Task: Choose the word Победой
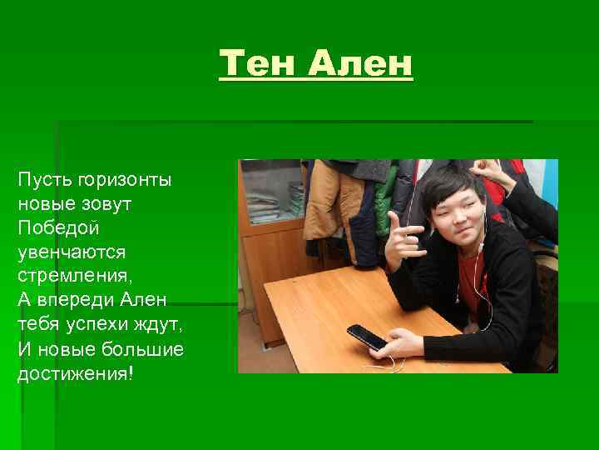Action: pyautogui.click(x=54, y=227)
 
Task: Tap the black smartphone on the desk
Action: pyautogui.click(x=366, y=337)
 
